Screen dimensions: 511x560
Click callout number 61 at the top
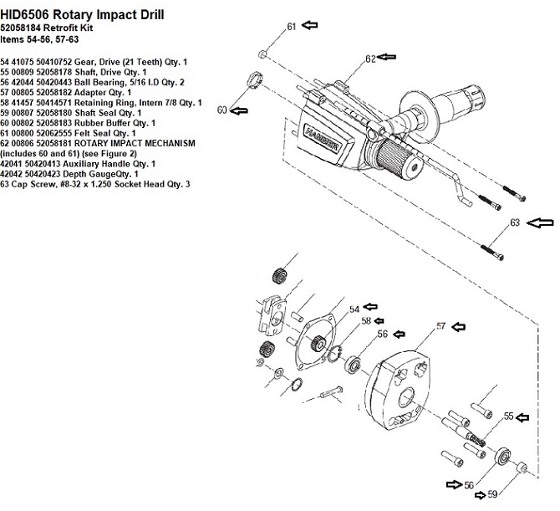[292, 27]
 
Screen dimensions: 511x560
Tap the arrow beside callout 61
[311, 26]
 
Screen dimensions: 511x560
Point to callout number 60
[222, 110]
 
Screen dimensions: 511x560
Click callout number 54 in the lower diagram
[354, 309]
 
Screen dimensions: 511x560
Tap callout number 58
[366, 321]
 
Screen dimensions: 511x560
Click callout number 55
[507, 415]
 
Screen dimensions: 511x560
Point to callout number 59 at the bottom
[491, 494]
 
